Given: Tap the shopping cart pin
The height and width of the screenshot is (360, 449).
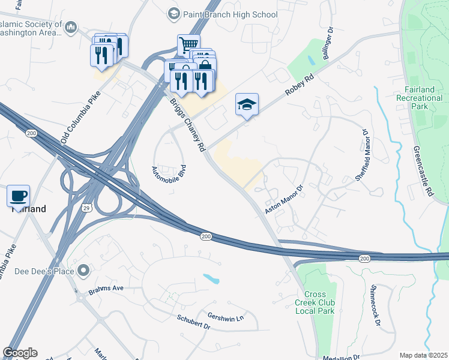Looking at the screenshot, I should click(188, 45).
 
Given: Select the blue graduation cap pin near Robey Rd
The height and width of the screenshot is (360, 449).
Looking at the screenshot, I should click(247, 104).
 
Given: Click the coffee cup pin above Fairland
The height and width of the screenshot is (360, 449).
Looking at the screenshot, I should click(19, 196).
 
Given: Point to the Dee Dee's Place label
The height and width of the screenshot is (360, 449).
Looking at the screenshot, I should click(45, 271).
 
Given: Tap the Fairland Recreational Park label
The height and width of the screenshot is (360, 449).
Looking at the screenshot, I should click(419, 98).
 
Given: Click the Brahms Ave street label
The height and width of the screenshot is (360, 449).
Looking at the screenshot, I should click(106, 288).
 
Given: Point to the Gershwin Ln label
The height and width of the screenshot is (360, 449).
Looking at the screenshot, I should click(226, 316).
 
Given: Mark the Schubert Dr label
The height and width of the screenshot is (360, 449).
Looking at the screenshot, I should click(193, 322).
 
